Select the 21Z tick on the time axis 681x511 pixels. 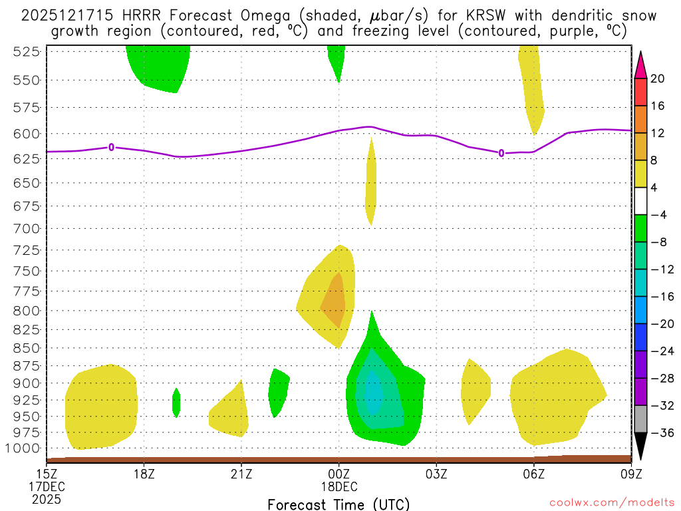[x=241, y=474]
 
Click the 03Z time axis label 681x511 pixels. [x=436, y=474]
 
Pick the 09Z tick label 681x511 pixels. [x=630, y=474]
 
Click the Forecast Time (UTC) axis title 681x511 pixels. [x=339, y=504]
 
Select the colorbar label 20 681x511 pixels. [x=657, y=79]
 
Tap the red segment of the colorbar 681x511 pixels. [x=640, y=92]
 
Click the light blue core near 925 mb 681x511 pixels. [x=372, y=394]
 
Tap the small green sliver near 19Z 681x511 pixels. [x=176, y=402]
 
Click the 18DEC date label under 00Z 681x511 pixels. [x=339, y=486]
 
